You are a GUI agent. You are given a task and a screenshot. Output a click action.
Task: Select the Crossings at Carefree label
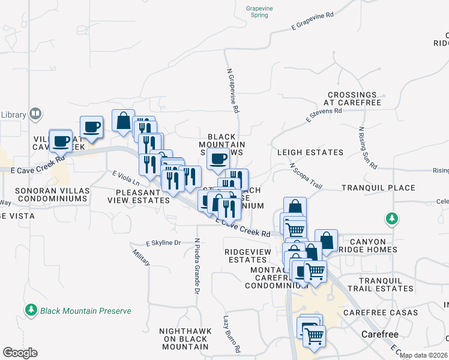click(x=352, y=99)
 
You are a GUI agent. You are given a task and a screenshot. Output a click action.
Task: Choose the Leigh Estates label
click(x=310, y=153)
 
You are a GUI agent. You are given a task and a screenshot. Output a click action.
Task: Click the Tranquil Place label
click(x=378, y=188)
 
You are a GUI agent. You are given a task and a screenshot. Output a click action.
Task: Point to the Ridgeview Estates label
click(x=245, y=256)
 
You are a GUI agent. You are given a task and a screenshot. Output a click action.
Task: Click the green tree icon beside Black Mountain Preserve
click(x=31, y=310)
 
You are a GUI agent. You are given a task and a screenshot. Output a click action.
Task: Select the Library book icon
click(x=35, y=114)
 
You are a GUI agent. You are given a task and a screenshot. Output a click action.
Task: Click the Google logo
click(x=20, y=353)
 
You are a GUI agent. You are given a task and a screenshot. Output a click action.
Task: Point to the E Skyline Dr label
click(x=163, y=243)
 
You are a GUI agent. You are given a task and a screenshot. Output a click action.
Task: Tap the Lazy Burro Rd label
click(x=232, y=334)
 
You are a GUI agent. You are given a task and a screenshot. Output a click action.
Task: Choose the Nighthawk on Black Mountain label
click(x=184, y=338)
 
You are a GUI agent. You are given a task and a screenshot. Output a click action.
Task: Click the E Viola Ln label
click(x=125, y=178)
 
